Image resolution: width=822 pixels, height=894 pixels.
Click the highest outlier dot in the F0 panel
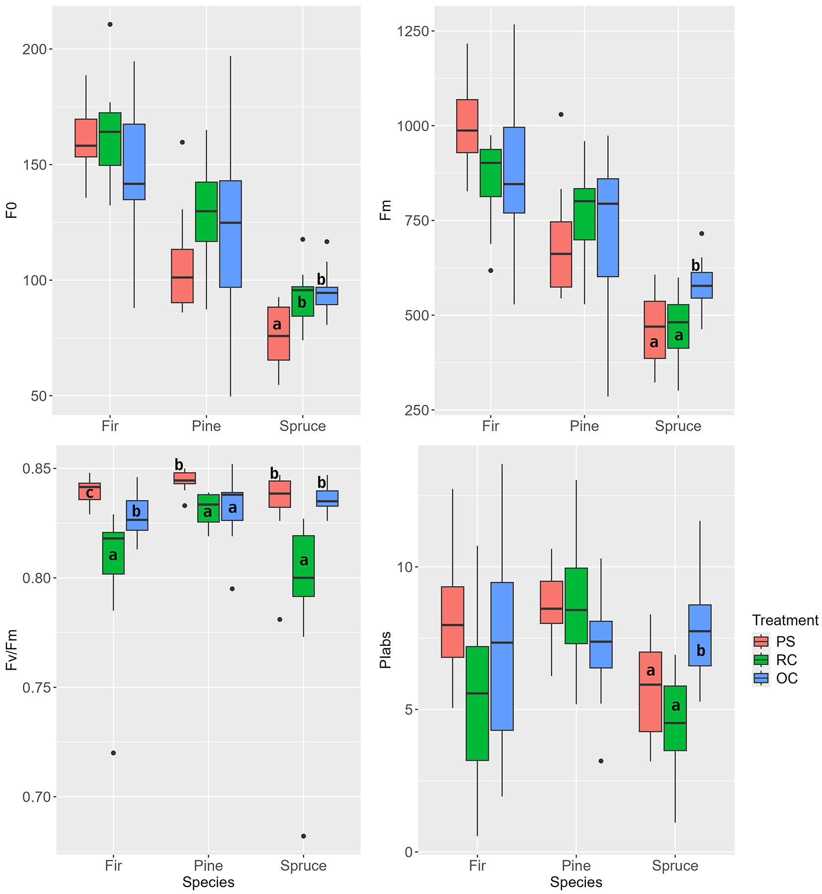[x=110, y=24]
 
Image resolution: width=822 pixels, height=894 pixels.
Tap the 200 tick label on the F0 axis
[x=34, y=49]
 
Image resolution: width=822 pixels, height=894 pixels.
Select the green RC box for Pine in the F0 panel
[x=206, y=212]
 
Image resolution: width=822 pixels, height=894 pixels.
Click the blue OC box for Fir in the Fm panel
[x=514, y=170]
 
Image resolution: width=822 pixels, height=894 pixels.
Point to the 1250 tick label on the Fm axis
[x=412, y=31]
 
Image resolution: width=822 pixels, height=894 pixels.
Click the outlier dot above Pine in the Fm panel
[x=561, y=114]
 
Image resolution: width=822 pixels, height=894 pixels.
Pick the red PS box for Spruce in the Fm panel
[x=655, y=330]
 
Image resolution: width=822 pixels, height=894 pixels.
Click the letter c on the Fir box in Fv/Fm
[x=89, y=493]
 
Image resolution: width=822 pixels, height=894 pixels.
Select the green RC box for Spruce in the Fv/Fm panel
[x=304, y=566]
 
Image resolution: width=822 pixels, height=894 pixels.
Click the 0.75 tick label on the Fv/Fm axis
[x=36, y=688]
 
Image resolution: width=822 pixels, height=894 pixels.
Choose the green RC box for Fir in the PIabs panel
[x=477, y=703]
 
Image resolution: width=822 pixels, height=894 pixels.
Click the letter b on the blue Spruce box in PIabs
[x=701, y=650]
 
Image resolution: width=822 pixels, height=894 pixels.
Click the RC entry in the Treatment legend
[x=786, y=660]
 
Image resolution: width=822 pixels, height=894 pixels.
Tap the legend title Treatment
[x=785, y=621]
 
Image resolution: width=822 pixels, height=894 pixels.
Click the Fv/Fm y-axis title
[x=12, y=650]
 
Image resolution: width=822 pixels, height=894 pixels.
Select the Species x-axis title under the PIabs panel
[x=576, y=882]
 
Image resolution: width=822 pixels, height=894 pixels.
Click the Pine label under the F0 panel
[x=206, y=426]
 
